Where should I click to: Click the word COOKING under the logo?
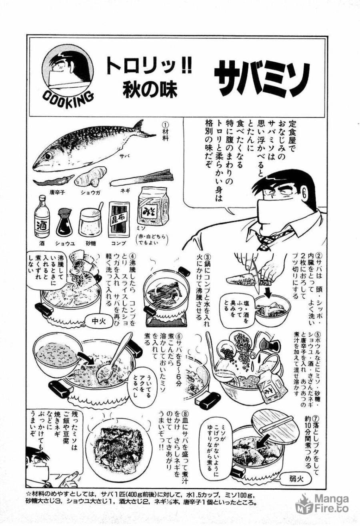[68, 96]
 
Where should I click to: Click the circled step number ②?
[319, 255]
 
